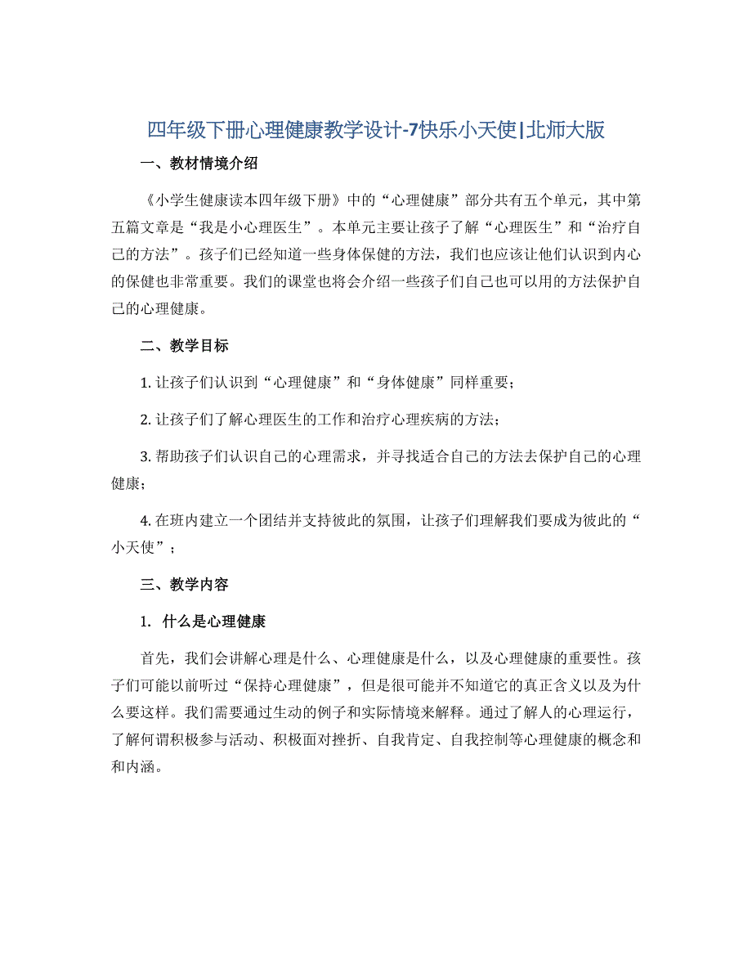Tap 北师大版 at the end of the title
coord(568,130)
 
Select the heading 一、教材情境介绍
coord(200,164)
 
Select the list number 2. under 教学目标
coord(145,420)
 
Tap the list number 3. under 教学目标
coord(145,456)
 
